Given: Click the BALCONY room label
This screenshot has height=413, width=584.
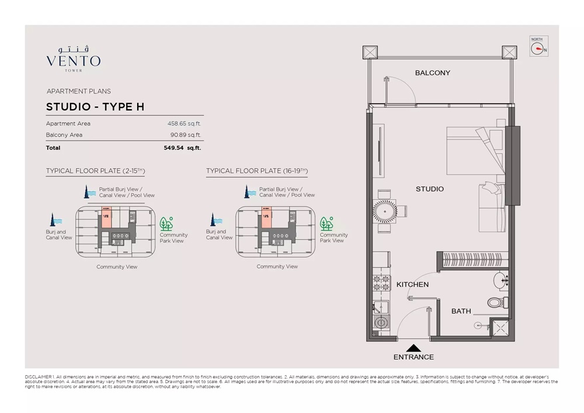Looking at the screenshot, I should click(x=433, y=73).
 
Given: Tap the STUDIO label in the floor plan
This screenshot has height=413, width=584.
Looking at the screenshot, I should click(x=430, y=189).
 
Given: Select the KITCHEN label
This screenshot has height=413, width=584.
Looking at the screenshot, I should click(x=412, y=284).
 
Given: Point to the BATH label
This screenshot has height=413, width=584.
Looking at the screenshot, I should click(x=461, y=311).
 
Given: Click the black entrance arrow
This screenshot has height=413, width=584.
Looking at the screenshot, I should click(x=413, y=346).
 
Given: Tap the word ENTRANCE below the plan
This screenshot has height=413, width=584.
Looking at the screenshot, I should click(x=413, y=357).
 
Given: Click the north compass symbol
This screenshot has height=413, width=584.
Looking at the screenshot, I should click(x=538, y=48).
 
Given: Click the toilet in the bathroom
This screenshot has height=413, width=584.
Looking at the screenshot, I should click(x=495, y=303).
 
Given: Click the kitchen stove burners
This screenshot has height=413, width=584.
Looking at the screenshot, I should click(x=381, y=283).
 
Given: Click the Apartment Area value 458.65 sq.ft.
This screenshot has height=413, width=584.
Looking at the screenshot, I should click(x=184, y=124).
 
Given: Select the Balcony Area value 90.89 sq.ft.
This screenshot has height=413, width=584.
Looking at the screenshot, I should click(x=186, y=135).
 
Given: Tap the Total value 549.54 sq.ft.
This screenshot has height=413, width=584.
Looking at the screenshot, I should click(x=182, y=148).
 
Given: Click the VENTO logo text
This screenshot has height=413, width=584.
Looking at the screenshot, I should click(x=73, y=61).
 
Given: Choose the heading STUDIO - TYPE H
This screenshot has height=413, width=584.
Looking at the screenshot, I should click(x=95, y=107).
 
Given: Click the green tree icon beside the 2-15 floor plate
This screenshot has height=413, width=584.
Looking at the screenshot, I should click(x=166, y=224).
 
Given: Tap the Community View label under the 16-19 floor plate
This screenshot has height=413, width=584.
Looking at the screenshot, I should click(x=277, y=266).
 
